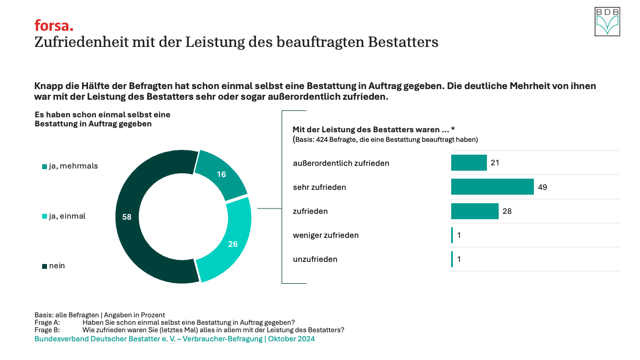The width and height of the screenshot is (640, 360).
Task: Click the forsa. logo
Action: click(54, 25)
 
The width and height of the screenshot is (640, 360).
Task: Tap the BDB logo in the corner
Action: click(607, 22)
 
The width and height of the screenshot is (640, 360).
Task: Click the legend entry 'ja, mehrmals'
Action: click(70, 166)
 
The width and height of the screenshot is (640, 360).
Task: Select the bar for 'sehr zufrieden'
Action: click(492, 187)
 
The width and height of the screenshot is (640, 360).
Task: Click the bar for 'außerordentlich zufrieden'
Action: click(469, 163)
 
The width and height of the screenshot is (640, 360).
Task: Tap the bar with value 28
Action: click(475, 211)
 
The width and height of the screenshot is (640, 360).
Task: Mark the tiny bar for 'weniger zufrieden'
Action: click(452, 235)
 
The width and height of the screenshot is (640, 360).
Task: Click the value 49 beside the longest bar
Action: click(542, 187)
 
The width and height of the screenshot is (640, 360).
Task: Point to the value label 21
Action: click(495, 163)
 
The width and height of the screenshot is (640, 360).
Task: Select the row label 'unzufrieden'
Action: click(315, 259)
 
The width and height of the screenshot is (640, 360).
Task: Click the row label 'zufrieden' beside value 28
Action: click(310, 211)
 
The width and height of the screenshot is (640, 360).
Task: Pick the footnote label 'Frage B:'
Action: click(47, 330)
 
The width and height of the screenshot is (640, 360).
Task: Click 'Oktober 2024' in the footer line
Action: click(291, 339)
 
